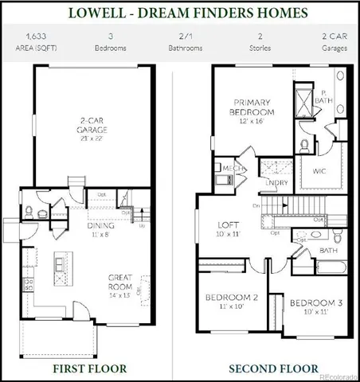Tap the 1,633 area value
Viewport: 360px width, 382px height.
tap(35, 37)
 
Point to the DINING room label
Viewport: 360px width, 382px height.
tap(100, 229)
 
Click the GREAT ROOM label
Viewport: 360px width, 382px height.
tap(124, 282)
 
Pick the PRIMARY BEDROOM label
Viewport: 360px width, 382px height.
tap(252, 107)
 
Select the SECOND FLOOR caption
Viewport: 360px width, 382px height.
tap(268, 368)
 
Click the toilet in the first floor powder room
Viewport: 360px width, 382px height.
tap(29, 212)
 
